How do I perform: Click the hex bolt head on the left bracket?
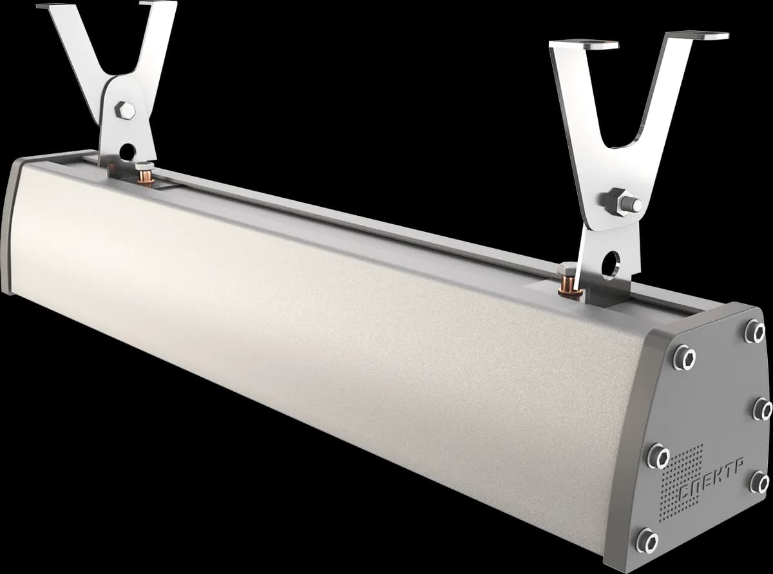125,110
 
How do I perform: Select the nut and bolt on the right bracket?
622,202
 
